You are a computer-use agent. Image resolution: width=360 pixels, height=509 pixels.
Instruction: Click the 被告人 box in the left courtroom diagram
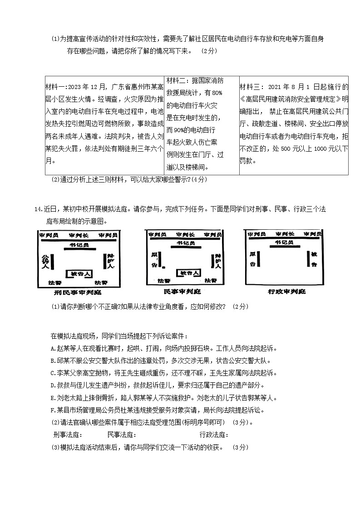click(79, 274)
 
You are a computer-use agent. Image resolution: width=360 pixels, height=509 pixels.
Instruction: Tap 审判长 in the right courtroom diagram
click(284, 234)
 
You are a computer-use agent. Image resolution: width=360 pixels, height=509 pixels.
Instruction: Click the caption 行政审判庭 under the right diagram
click(285, 291)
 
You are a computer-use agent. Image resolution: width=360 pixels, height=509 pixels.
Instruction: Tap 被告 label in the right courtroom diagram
click(315, 258)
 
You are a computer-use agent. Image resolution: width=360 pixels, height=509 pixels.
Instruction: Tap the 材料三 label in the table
click(250, 87)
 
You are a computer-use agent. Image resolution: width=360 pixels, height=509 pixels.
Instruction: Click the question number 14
click(38, 209)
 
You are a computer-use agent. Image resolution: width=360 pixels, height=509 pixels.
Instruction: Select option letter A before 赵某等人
click(54, 349)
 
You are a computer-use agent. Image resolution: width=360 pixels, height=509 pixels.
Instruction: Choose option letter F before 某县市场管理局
click(54, 410)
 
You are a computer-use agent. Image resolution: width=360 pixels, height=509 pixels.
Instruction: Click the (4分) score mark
click(198, 179)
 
